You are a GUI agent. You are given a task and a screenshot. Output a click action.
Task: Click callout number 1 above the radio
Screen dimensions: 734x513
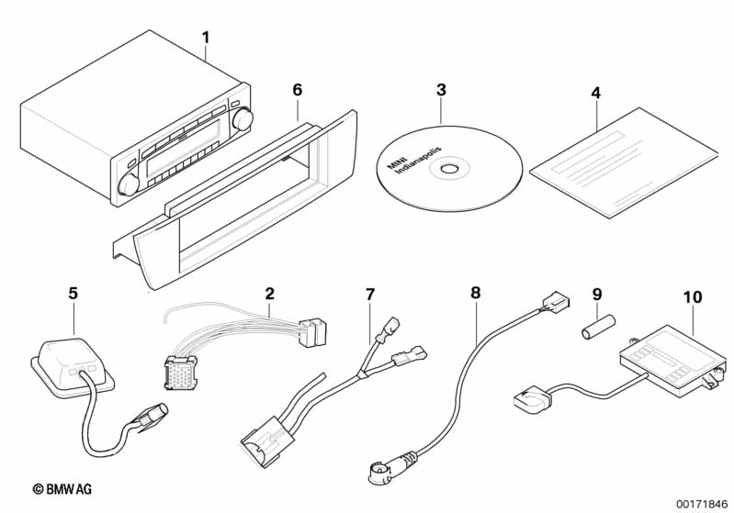pyautogui.click(x=206, y=38)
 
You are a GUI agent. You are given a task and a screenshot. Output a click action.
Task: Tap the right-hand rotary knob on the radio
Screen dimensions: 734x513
pyautogui.click(x=243, y=118)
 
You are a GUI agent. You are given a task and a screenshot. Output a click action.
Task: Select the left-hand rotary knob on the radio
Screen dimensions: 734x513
pyautogui.click(x=129, y=184)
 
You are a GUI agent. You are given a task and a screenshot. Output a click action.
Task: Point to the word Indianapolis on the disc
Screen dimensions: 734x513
pyautogui.click(x=418, y=160)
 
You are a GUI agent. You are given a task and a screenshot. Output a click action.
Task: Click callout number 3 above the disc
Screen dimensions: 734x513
pyautogui.click(x=441, y=90)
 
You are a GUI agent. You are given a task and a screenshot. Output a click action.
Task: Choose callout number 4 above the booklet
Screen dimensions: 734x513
pyautogui.click(x=595, y=93)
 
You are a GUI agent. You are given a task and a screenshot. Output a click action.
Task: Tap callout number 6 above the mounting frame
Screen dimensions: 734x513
pyautogui.click(x=298, y=90)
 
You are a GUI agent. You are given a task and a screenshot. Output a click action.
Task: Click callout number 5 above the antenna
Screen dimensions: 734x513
pyautogui.click(x=73, y=294)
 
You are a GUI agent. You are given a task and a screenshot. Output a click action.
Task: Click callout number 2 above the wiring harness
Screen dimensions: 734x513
pyautogui.click(x=270, y=294)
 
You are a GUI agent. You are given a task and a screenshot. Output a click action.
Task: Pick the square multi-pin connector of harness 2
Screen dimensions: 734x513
pyautogui.click(x=181, y=373)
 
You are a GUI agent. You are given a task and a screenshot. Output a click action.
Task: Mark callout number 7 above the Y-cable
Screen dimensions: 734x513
pyautogui.click(x=370, y=295)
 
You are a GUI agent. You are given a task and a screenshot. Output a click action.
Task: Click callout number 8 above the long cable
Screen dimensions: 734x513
pyautogui.click(x=476, y=294)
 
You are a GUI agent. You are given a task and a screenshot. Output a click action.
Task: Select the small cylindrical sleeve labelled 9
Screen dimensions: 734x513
pyautogui.click(x=598, y=327)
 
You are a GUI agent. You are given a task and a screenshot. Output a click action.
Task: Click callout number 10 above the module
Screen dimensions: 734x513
pyautogui.click(x=693, y=297)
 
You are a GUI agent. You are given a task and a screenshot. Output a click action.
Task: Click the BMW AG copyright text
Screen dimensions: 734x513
pyautogui.click(x=62, y=489)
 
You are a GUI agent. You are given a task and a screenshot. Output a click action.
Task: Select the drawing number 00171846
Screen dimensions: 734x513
pyautogui.click(x=702, y=504)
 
